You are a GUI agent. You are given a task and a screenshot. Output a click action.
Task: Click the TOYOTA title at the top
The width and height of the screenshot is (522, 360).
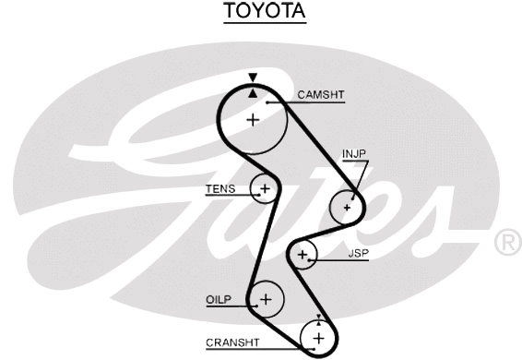click(x=264, y=12)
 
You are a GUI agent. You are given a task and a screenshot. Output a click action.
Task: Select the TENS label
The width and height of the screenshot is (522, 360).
click(x=220, y=189)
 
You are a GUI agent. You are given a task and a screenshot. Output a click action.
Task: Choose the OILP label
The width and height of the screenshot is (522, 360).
click(x=217, y=299)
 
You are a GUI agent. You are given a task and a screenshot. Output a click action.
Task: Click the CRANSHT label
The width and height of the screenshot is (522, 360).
click(x=232, y=342)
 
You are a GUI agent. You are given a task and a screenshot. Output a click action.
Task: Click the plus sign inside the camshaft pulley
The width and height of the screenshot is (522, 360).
click(x=253, y=119)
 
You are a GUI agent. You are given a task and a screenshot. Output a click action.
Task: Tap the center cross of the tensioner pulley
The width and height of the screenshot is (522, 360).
click(x=265, y=189)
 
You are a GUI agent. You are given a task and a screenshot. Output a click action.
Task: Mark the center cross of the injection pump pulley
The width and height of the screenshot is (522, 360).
click(x=347, y=207)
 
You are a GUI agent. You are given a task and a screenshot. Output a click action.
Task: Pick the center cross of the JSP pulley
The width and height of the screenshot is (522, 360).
click(x=302, y=254)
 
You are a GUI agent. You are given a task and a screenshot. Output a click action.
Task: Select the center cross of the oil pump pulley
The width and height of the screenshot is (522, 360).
click(x=266, y=299)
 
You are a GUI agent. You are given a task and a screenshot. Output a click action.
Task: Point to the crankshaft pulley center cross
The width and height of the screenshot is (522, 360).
click(x=319, y=340)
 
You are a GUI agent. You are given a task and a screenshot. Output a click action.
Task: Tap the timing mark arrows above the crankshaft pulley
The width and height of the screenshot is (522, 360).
click(x=319, y=319)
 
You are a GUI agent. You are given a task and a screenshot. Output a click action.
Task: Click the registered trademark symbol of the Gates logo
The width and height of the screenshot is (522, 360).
click(x=508, y=242)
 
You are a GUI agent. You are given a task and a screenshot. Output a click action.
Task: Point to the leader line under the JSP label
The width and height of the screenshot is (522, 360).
click(x=341, y=260)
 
